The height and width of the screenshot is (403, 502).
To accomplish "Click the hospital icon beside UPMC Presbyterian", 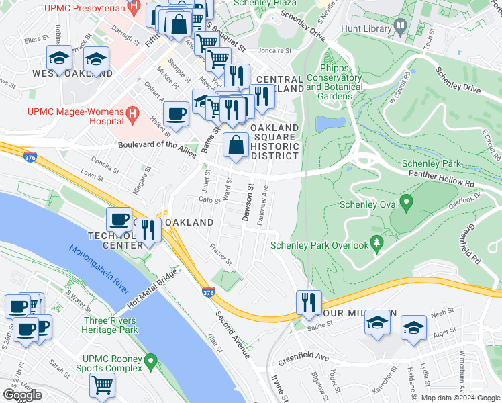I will [134, 9].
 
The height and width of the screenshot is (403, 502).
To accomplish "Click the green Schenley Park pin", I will [406, 202].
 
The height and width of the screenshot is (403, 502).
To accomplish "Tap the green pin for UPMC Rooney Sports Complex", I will [152, 363].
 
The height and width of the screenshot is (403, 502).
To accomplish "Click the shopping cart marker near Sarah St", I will [102, 386].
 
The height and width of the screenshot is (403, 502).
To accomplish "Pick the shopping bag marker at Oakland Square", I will [236, 144].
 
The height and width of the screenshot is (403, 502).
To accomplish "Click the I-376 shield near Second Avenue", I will [208, 294].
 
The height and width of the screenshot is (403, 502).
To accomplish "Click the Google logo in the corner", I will [22, 395].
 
